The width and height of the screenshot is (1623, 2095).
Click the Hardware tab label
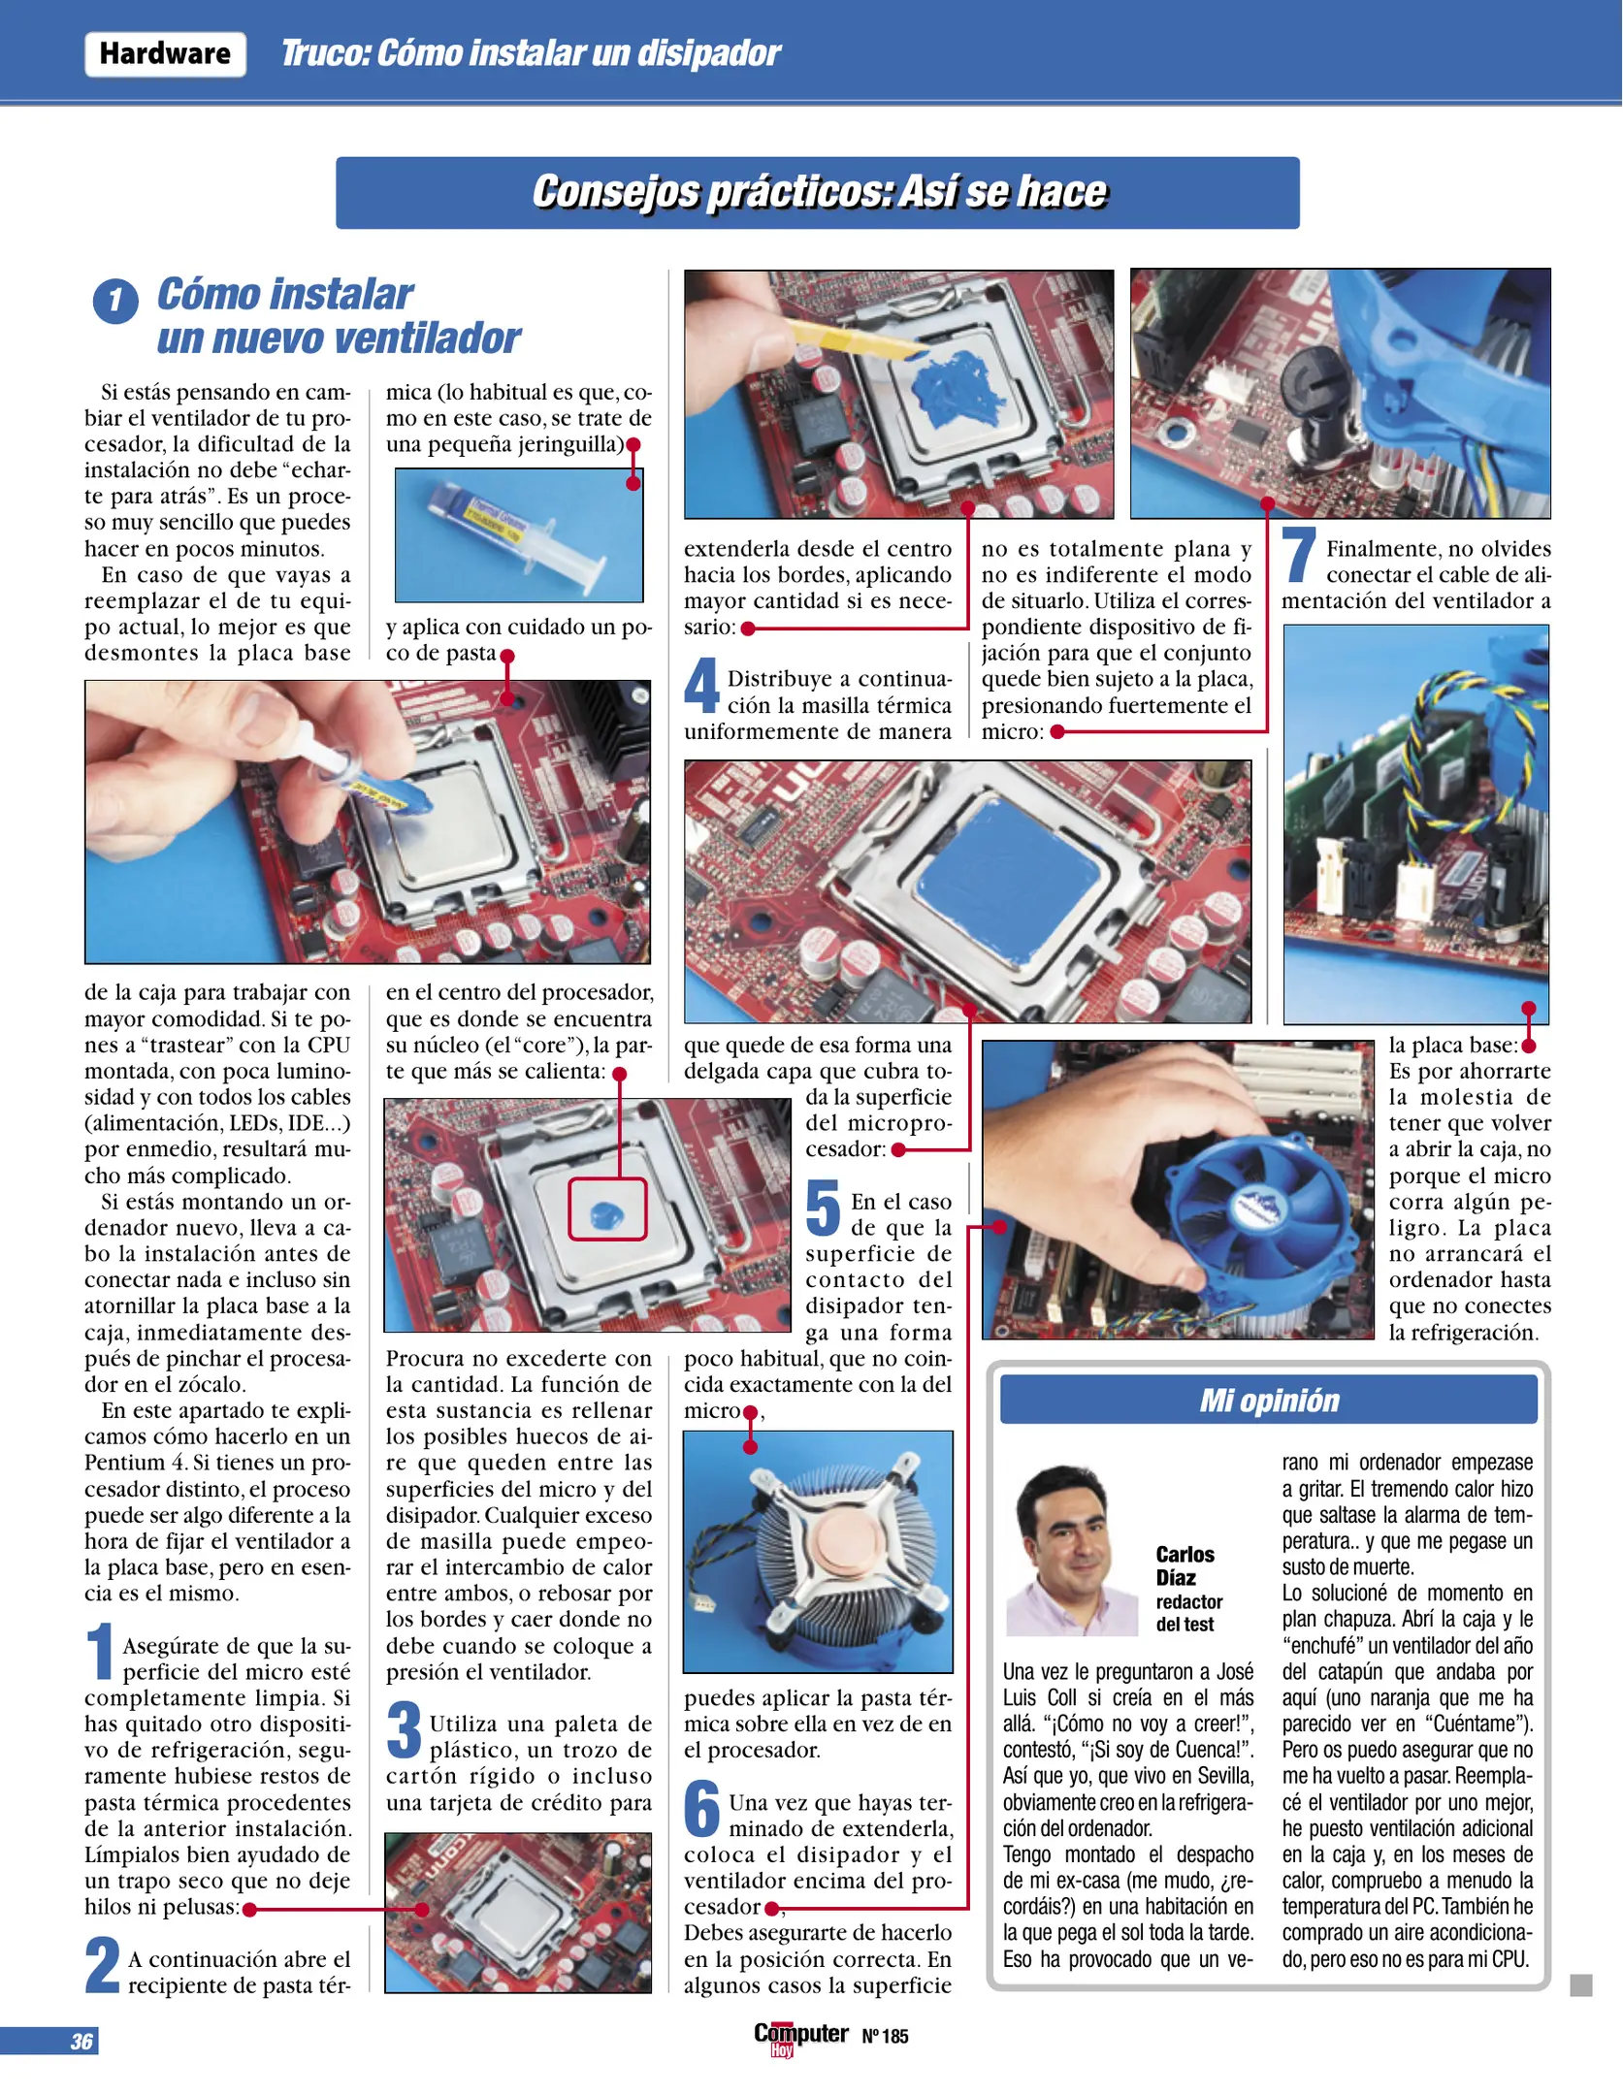165,53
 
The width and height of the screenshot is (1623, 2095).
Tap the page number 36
81,2041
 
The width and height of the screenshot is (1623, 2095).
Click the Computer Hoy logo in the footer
800,2036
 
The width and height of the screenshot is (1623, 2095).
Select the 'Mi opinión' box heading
1268,1401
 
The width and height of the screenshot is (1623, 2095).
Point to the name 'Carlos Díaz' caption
1185,1565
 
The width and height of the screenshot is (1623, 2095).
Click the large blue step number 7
1299,558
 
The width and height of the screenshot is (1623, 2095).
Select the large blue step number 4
701,686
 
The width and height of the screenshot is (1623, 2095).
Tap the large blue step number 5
823,1209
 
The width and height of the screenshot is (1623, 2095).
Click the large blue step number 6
701,1810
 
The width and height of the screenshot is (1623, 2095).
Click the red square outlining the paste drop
606,1209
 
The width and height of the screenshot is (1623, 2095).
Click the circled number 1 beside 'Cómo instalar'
115,301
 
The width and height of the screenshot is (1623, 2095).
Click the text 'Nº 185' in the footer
885,2036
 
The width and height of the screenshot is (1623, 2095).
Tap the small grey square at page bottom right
1580,1985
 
